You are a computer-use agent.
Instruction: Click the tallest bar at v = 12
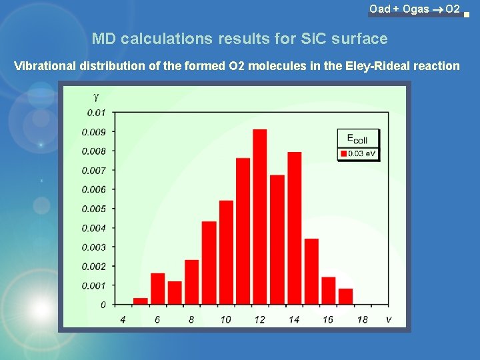[x=260, y=217]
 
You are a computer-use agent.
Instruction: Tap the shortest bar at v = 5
[x=140, y=301]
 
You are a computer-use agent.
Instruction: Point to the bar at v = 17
[x=345, y=297]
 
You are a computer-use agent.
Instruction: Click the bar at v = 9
[x=209, y=263]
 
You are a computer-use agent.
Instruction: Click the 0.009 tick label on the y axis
[x=93, y=132]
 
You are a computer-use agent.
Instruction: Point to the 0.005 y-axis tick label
[x=93, y=209]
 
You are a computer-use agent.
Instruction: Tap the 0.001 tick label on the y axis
[x=93, y=285]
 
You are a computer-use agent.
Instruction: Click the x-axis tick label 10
[x=225, y=320]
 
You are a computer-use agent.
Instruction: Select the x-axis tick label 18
[x=362, y=320]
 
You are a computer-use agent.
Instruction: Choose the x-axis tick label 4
[x=123, y=320]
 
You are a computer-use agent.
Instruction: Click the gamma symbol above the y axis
[x=96, y=97]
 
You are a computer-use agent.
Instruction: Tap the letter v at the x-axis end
[x=388, y=319]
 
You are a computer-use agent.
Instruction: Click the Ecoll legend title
[x=357, y=139]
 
